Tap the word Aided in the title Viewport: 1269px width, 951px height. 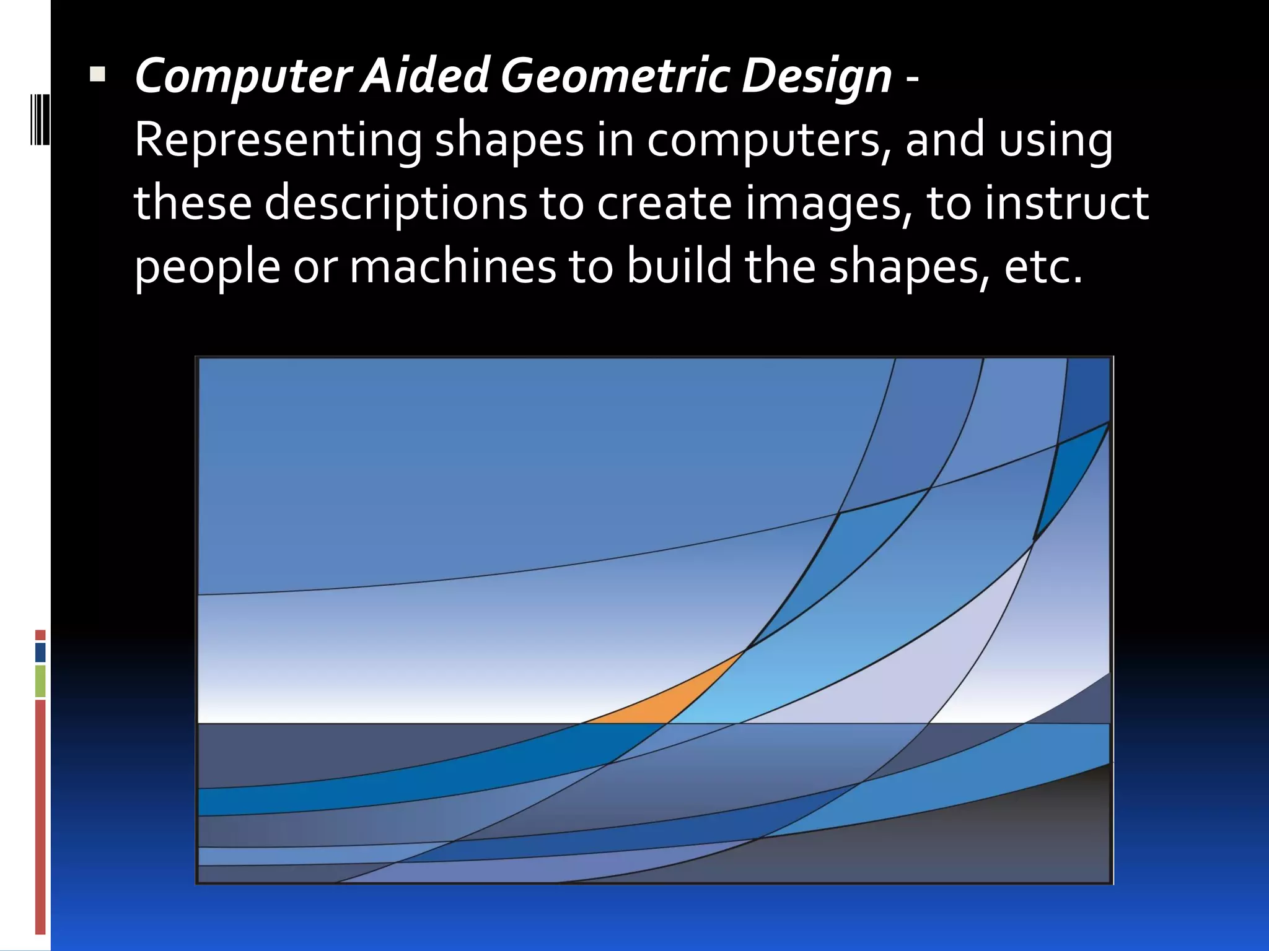pos(425,76)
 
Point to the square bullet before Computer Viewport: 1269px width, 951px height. pos(97,75)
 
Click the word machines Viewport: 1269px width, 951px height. pos(452,267)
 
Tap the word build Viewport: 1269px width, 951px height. pos(678,266)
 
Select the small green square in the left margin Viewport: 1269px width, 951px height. pos(40,681)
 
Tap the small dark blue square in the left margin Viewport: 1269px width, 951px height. pos(40,652)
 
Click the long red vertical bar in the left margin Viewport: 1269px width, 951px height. pos(40,817)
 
